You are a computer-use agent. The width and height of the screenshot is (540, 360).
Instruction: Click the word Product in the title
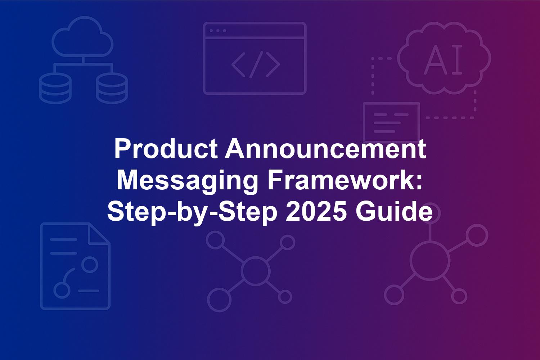click(166, 149)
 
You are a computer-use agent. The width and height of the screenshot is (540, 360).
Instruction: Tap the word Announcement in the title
click(325, 149)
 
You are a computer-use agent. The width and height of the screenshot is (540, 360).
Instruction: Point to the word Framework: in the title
click(345, 181)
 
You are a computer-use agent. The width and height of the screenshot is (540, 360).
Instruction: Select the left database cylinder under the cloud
click(55, 88)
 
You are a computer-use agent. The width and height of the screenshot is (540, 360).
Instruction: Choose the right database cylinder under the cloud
click(112, 88)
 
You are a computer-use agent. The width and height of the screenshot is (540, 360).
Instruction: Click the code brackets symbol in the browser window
click(256, 65)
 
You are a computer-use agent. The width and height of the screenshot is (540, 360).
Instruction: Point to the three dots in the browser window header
click(218, 31)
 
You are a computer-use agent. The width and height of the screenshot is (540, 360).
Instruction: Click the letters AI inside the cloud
click(443, 59)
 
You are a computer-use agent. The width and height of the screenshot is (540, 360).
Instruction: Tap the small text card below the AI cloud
click(392, 122)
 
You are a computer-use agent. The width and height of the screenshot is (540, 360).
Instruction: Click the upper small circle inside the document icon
click(90, 264)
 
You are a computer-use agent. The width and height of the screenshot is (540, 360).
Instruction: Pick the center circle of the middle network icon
click(256, 271)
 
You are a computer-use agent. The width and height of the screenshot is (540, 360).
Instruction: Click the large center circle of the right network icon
click(430, 261)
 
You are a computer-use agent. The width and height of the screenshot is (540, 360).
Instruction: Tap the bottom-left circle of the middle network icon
click(219, 300)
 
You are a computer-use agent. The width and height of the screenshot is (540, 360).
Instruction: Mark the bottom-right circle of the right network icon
click(459, 296)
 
